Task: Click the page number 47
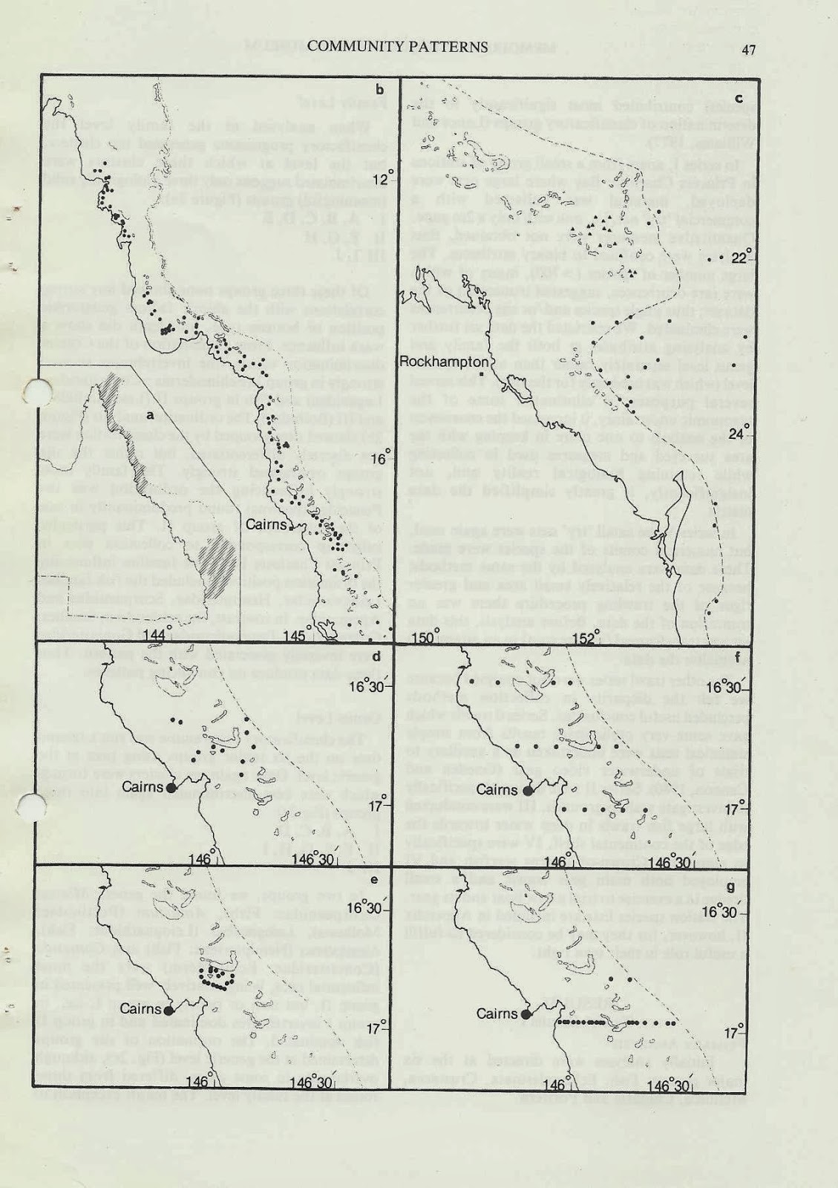[747, 49]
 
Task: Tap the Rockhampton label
[444, 362]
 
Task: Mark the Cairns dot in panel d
[171, 788]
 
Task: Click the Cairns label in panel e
[140, 1009]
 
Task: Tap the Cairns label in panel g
[497, 1014]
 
